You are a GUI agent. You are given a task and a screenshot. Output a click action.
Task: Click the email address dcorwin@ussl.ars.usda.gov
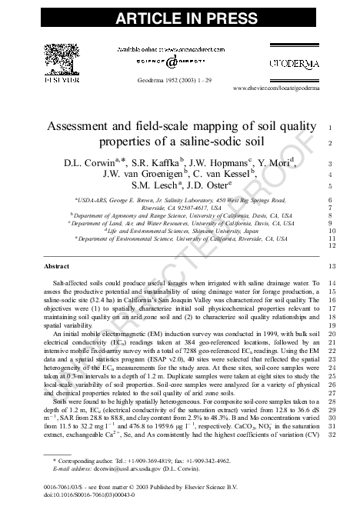click(106, 467)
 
